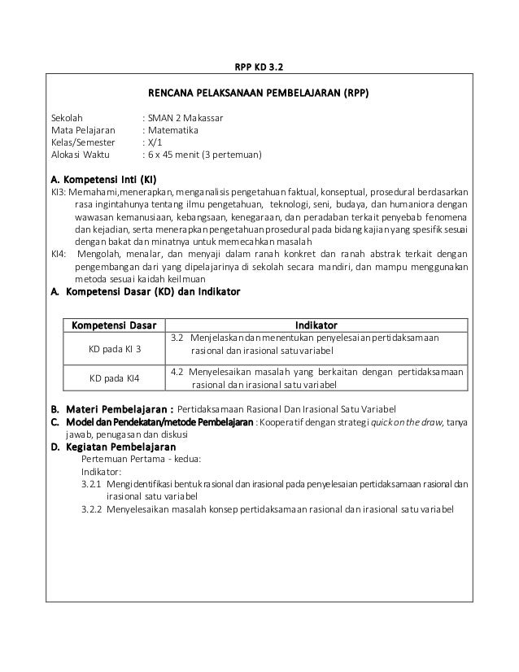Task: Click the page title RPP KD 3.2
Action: pyautogui.click(x=259, y=67)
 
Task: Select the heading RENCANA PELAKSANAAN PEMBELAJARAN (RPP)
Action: pyautogui.click(x=258, y=94)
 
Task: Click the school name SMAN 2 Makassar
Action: pyautogui.click(x=185, y=118)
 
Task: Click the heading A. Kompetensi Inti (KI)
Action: pyautogui.click(x=102, y=178)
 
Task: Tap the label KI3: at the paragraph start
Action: pyautogui.click(x=59, y=191)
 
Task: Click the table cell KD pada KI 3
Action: pyautogui.click(x=115, y=348)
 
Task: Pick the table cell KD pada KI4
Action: pyautogui.click(x=114, y=378)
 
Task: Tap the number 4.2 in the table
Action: pyautogui.click(x=179, y=372)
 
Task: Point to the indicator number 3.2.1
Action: pyautogui.click(x=93, y=483)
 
